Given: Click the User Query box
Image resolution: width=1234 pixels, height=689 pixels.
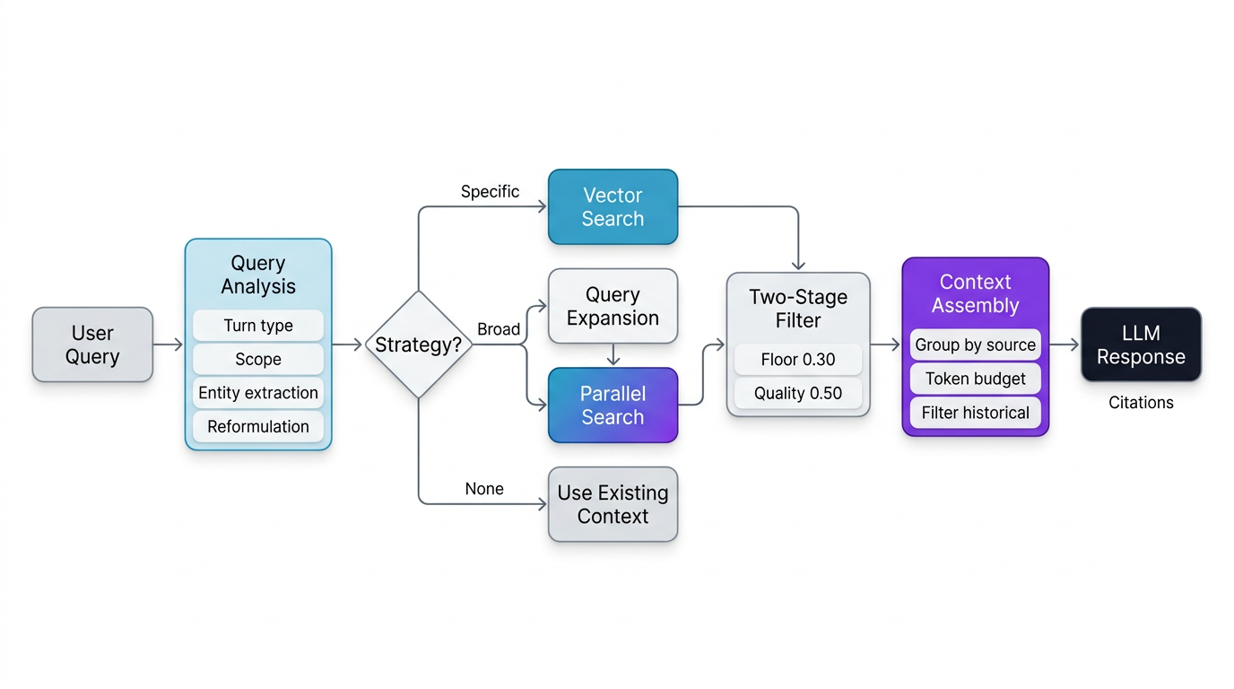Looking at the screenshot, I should click(92, 344).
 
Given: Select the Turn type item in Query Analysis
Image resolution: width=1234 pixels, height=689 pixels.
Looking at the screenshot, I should click(258, 326).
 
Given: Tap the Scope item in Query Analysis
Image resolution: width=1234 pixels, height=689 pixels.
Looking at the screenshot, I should click(258, 359).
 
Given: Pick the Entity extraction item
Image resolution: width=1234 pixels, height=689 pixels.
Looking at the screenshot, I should click(258, 393).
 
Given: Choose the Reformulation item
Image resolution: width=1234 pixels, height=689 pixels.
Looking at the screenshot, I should click(258, 426).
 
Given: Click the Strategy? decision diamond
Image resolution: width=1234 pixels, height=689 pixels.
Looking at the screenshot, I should click(418, 344).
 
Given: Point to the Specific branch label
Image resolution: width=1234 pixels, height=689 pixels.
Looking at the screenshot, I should click(490, 191).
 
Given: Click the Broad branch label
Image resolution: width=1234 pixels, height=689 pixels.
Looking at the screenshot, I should click(499, 329).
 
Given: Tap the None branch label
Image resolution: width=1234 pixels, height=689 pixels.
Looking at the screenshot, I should click(484, 489).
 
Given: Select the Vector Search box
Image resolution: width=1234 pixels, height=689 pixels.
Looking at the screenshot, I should click(613, 207).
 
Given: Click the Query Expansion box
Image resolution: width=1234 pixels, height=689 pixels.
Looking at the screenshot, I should click(613, 306).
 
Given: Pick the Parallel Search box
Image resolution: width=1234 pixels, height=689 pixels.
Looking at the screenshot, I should click(613, 405).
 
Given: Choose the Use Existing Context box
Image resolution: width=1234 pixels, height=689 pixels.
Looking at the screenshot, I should click(613, 504).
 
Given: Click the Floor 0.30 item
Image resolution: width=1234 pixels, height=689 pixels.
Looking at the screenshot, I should click(798, 360).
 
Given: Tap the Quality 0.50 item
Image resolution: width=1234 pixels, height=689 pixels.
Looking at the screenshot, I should click(798, 393).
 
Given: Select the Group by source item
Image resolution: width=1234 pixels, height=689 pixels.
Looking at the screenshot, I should click(975, 344).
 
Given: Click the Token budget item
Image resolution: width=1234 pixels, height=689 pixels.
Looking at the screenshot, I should click(975, 379).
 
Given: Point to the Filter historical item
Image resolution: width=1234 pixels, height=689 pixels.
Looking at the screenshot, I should click(975, 413).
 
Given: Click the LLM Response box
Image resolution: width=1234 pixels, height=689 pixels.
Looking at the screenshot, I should click(1141, 344).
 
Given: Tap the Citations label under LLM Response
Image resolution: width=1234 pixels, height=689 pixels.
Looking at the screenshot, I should click(1141, 403).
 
